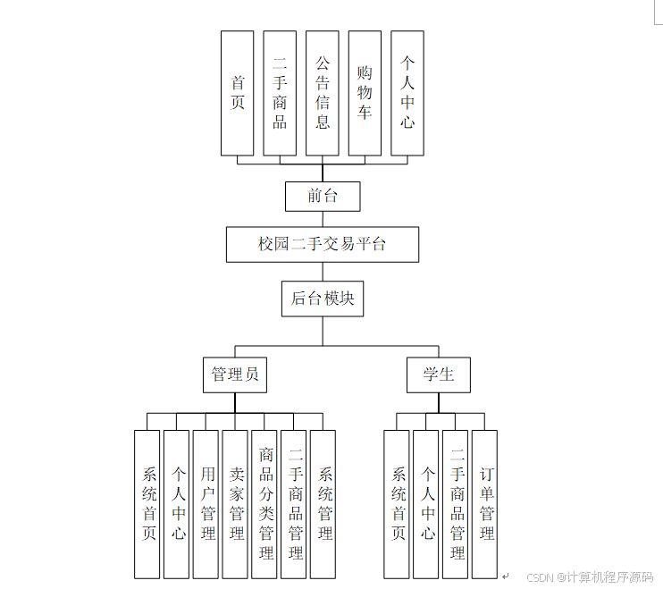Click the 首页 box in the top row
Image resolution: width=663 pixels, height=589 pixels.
[x=237, y=93]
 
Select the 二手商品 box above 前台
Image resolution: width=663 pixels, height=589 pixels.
[x=280, y=93]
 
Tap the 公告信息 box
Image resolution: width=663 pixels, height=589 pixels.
[x=323, y=93]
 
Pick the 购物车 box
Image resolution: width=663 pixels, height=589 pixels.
[x=365, y=93]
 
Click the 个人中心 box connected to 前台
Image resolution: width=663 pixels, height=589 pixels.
[x=407, y=93]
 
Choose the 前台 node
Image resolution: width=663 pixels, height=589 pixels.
[x=323, y=196]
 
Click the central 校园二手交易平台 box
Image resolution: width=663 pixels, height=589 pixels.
[x=323, y=244]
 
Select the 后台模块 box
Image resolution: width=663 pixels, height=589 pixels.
[x=323, y=298]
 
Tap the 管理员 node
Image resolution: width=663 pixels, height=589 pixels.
[x=235, y=374]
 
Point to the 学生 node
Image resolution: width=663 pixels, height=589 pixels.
[x=439, y=374]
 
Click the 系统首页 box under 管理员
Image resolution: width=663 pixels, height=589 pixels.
[x=148, y=504]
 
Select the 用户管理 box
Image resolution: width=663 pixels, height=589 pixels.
[x=206, y=504]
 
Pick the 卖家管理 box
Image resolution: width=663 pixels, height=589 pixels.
[x=236, y=504]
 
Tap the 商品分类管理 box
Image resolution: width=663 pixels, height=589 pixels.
[x=265, y=504]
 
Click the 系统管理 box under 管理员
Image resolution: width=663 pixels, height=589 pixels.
[x=323, y=504]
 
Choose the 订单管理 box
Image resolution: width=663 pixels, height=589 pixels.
[x=485, y=504]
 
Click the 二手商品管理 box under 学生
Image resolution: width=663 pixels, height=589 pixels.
[x=456, y=504]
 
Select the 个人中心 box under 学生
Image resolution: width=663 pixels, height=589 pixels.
[x=427, y=504]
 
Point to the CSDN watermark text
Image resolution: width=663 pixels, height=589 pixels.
[x=590, y=576]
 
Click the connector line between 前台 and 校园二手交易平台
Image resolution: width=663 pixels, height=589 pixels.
[x=323, y=219]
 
